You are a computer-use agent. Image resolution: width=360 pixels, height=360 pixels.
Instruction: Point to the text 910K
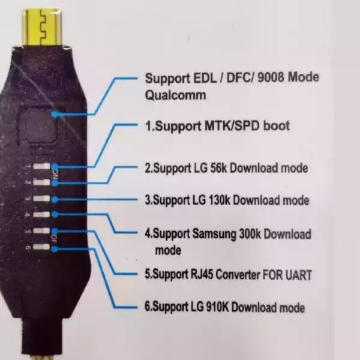215,307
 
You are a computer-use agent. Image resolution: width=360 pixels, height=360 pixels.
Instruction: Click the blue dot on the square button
55,113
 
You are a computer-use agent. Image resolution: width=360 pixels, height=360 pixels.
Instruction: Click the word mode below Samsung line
167,250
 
